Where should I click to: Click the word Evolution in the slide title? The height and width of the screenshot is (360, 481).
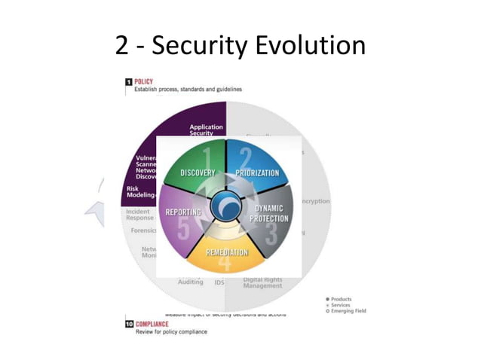click(x=310, y=45)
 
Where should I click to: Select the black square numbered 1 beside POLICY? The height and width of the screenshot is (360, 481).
click(x=128, y=81)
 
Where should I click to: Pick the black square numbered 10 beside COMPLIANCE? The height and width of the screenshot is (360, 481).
click(x=129, y=323)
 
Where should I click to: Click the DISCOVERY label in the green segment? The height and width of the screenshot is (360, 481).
click(x=198, y=173)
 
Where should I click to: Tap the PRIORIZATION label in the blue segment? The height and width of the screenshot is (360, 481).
click(x=257, y=173)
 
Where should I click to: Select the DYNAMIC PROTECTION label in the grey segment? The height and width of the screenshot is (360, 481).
click(x=271, y=213)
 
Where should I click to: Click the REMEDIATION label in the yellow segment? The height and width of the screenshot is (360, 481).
click(x=227, y=252)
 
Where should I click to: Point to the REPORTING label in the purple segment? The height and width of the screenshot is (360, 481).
click(x=183, y=212)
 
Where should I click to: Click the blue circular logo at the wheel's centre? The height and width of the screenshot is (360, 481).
click(x=227, y=206)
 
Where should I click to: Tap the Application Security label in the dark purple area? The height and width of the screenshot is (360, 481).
click(x=206, y=130)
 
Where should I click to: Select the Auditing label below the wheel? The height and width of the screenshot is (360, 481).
click(x=190, y=282)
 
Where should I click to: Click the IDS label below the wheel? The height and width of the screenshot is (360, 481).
click(x=219, y=282)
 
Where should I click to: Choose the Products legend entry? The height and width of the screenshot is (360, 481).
click(x=341, y=299)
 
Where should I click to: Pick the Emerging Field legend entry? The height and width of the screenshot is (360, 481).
click(x=346, y=311)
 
